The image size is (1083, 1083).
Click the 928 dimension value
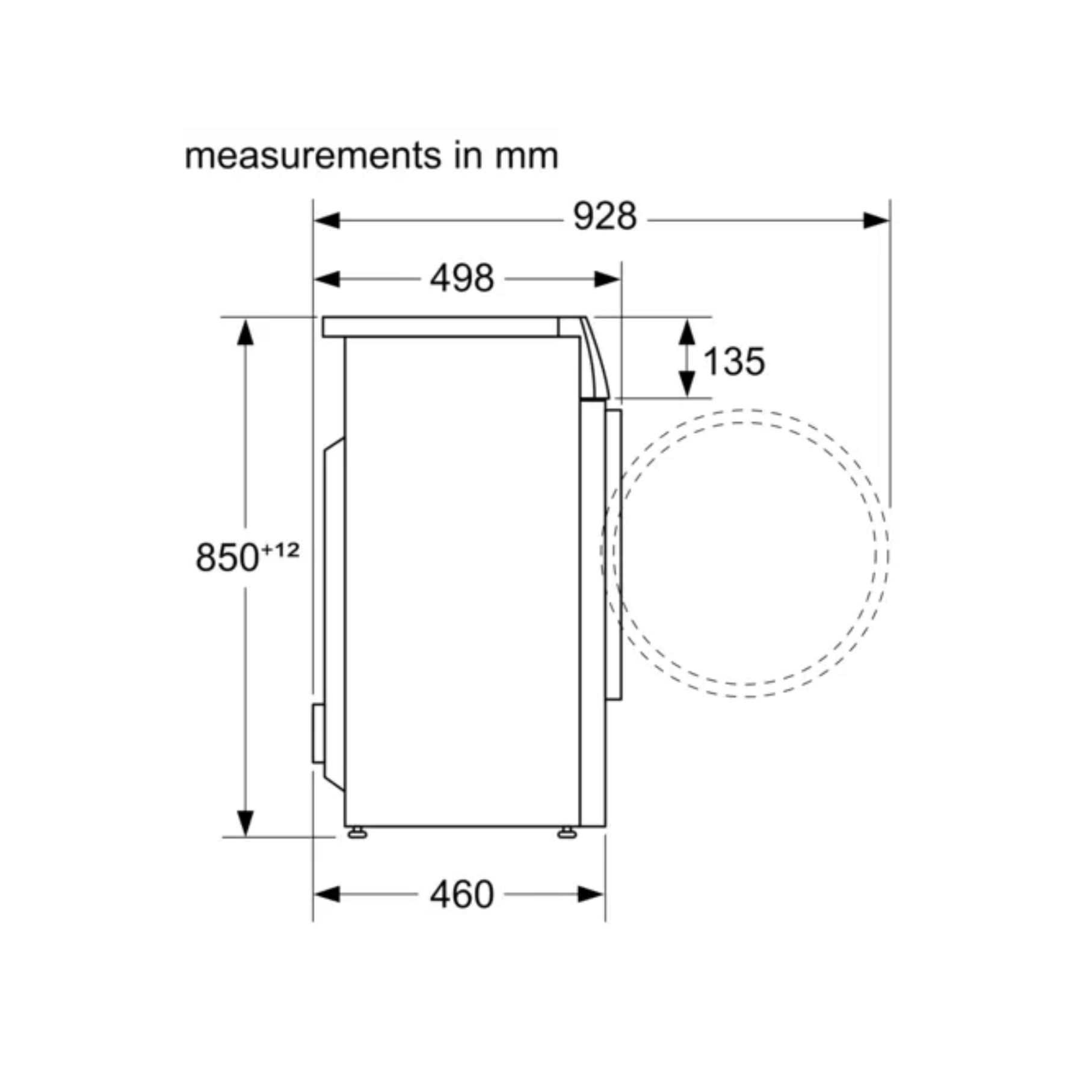pos(604,217)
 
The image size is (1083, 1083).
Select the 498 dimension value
pos(461,279)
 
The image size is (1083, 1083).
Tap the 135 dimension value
pos(733,362)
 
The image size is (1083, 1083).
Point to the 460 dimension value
pos(461,895)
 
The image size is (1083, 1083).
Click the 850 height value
pos(227,557)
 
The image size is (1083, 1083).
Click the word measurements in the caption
pos(313,156)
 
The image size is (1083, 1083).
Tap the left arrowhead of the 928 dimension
pos(327,221)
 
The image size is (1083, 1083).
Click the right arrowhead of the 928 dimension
pos(876,221)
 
